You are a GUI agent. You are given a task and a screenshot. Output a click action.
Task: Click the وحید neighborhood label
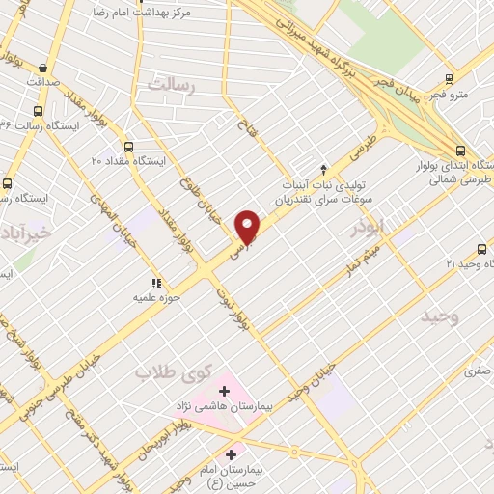point(439,316)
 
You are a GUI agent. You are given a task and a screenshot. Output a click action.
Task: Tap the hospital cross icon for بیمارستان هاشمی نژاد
point(225,391)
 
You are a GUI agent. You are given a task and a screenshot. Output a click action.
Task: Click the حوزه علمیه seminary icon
point(142,282)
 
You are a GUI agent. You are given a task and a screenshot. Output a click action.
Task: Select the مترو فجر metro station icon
point(449,79)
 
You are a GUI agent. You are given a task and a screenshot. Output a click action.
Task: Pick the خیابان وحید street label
point(316,377)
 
